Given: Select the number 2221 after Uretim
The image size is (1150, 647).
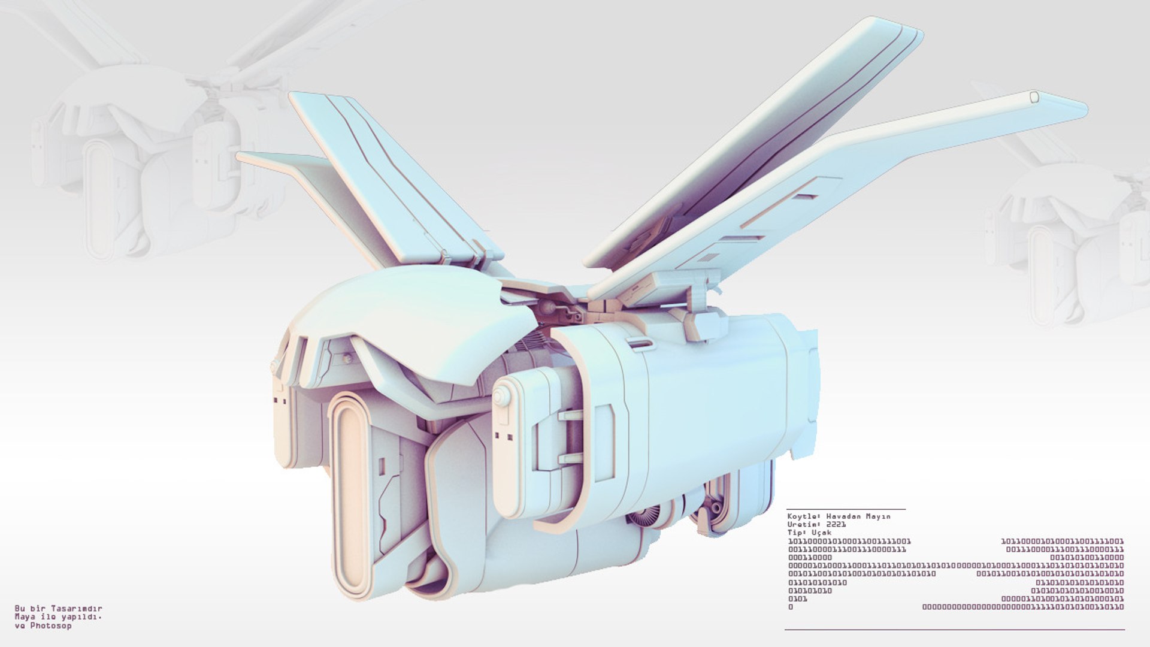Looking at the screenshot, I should pyautogui.click(x=836, y=524).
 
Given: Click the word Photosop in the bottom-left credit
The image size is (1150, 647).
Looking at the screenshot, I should pyautogui.click(x=51, y=626).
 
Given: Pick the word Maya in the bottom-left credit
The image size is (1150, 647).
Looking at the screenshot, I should pyautogui.click(x=23, y=617).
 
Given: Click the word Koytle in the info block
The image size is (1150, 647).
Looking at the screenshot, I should pyautogui.click(x=802, y=516).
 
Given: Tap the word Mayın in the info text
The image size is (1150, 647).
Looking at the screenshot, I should pyautogui.click(x=876, y=516).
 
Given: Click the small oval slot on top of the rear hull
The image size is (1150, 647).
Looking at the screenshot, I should pyautogui.click(x=641, y=343).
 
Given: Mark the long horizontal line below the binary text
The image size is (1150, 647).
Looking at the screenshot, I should pyautogui.click(x=954, y=630).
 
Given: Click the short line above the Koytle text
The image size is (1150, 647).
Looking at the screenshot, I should pyautogui.click(x=846, y=509).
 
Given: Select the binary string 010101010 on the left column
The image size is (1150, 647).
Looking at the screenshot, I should pyautogui.click(x=809, y=591).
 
